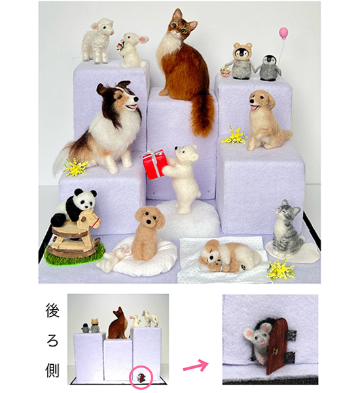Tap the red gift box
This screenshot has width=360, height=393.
pyautogui.click(x=155, y=164)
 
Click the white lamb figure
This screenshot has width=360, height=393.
pyautogui.click(x=98, y=40)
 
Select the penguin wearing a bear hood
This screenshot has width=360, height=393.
pyautogui.click(x=242, y=60)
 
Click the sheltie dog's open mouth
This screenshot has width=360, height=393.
pyautogui.click(x=132, y=107)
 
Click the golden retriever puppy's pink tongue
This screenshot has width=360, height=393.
pyautogui.click(x=254, y=108)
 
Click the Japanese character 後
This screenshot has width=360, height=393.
pyautogui.click(x=52, y=310)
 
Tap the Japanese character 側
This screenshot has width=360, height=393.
pyautogui.click(x=52, y=370)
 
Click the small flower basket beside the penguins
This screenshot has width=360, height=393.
pyautogui.click(x=225, y=71)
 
